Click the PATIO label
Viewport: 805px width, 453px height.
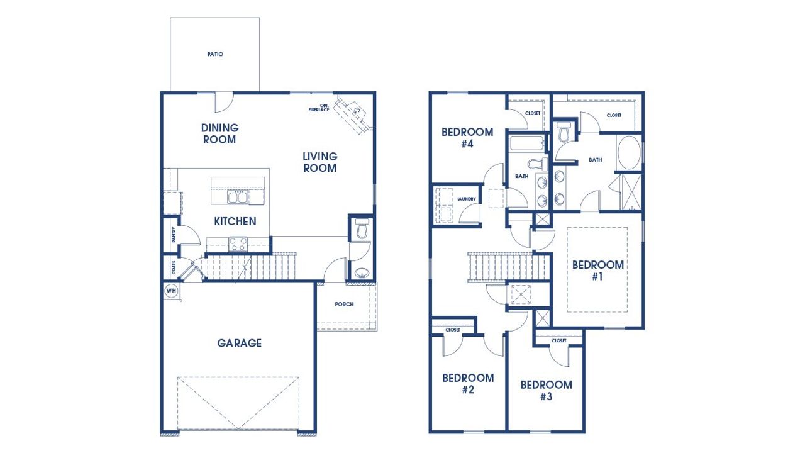click(215, 54)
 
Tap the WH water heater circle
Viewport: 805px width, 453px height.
click(170, 291)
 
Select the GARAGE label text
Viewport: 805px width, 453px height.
click(239, 343)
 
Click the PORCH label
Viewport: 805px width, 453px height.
click(344, 304)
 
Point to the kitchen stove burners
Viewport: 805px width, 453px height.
click(238, 243)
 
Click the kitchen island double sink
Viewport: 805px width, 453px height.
click(237, 198)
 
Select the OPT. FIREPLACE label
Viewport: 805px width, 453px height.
click(319, 108)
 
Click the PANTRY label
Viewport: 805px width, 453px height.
click(173, 235)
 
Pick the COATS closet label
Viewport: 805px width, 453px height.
click(173, 268)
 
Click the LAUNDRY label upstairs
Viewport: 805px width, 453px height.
click(467, 199)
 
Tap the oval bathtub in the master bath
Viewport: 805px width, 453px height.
click(628, 152)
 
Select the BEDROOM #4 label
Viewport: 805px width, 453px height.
click(467, 138)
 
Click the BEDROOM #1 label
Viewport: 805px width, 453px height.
click(597, 270)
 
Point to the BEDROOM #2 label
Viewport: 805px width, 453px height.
click(467, 384)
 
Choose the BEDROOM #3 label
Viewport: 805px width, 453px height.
click(546, 390)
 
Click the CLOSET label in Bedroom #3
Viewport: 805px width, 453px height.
click(558, 340)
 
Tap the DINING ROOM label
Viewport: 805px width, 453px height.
click(219, 133)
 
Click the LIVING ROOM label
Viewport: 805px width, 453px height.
click(319, 162)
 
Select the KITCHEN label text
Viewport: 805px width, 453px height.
click(235, 221)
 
